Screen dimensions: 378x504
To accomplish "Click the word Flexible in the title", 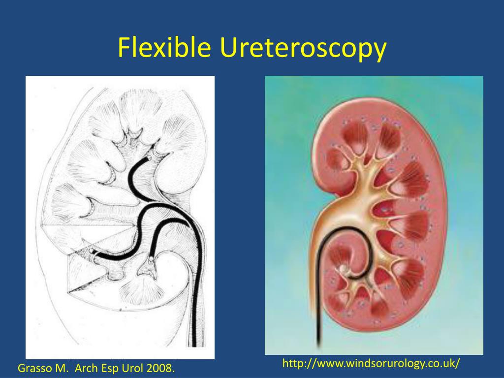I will point(164,48).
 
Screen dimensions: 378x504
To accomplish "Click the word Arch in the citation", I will point(85,368).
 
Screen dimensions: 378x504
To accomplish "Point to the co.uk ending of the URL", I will point(441,364).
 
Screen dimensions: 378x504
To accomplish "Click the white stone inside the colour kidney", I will point(343,269).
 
